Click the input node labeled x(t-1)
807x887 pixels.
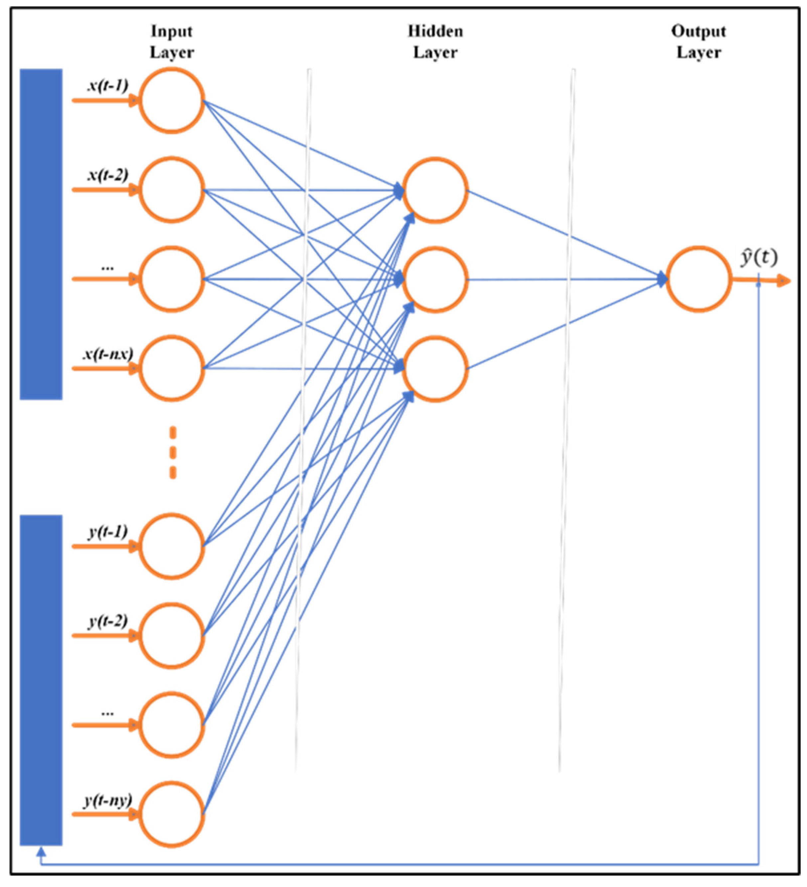click(172, 101)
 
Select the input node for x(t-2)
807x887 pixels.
click(172, 190)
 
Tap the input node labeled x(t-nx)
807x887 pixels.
click(172, 368)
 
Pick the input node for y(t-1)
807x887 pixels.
click(172, 546)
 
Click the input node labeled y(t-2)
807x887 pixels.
click(172, 636)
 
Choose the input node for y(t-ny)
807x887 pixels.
click(172, 814)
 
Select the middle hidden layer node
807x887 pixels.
click(435, 280)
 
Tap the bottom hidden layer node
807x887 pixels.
click(435, 369)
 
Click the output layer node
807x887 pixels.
click(698, 279)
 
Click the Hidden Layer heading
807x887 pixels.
click(435, 42)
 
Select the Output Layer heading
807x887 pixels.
click(698, 42)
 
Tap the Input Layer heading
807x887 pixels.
click(172, 42)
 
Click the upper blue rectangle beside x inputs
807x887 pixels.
click(41, 234)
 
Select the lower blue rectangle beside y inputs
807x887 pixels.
click(41, 680)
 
